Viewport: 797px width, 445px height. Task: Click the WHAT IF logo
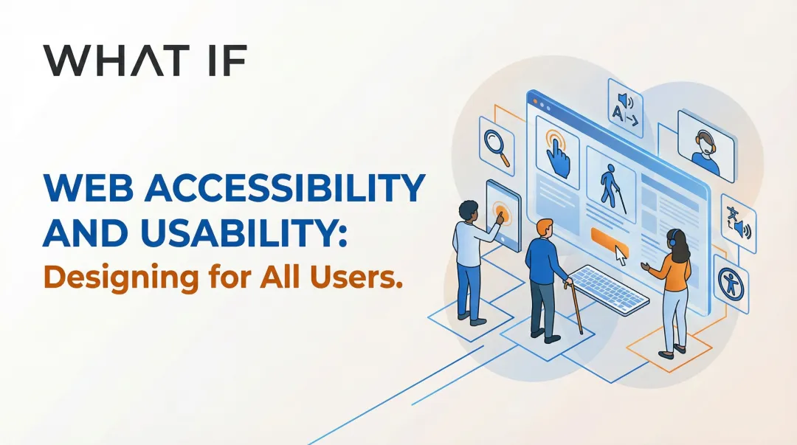coord(144,61)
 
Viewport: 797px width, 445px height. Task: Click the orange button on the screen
coord(610,239)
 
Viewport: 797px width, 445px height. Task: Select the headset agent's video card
coord(706,145)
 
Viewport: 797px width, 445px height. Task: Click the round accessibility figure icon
coord(733,282)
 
